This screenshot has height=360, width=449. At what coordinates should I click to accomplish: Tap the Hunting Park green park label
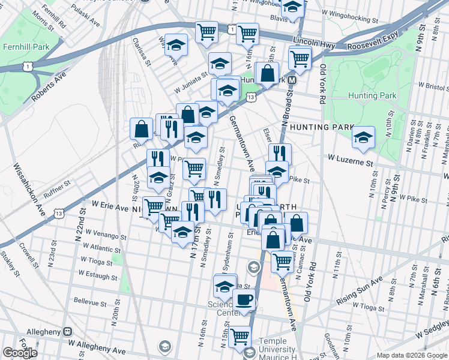coord(372,95)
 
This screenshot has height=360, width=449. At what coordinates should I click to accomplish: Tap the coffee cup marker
coord(243,301)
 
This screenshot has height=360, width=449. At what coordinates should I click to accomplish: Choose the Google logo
coord(20,353)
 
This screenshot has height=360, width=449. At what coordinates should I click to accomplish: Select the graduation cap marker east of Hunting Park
coord(363,137)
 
